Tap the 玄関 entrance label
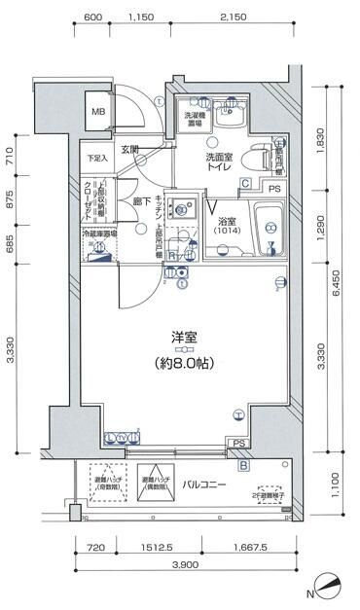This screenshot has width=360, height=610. tap(130, 150)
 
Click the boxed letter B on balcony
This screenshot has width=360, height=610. tap(244, 465)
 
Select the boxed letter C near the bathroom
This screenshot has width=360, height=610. tap(246, 183)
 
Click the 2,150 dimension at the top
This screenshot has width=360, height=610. tap(232, 18)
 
